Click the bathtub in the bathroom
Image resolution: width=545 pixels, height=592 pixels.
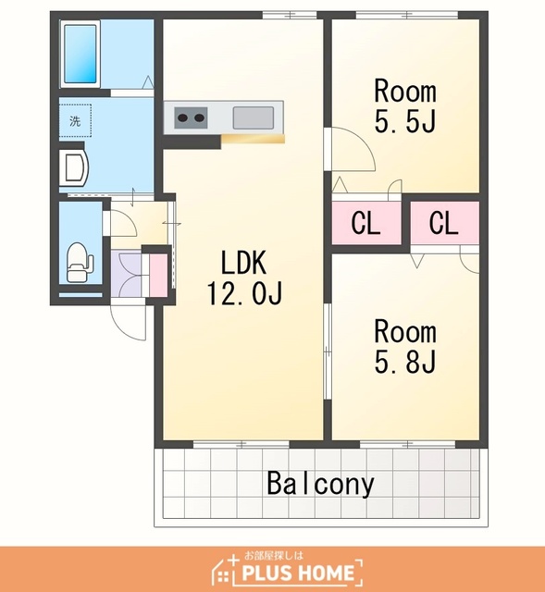[81, 54]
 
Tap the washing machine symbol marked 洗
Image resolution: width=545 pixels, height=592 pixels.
[75, 121]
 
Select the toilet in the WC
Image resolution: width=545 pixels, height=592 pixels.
[80, 262]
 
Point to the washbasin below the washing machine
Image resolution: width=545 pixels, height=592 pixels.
[74, 166]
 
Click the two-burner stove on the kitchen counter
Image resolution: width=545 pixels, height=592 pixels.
[191, 117]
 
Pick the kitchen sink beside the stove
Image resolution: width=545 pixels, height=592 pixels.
[253, 117]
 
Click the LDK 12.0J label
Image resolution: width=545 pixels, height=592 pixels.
[243, 277]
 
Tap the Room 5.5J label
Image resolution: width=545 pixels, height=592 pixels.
[405, 105]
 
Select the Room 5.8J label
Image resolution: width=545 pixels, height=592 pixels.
[405, 346]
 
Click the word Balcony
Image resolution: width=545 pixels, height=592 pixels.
[321, 484]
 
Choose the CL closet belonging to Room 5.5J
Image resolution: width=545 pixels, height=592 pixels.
[365, 223]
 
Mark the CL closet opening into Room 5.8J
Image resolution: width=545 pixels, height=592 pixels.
[444, 223]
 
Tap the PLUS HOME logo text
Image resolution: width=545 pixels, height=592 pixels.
[298, 573]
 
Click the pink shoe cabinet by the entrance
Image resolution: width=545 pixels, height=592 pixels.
[158, 275]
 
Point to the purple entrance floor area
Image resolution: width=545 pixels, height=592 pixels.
[126, 274]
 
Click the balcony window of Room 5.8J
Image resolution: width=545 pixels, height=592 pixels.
[407, 444]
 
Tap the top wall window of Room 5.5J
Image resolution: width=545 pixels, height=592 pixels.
[407, 15]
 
